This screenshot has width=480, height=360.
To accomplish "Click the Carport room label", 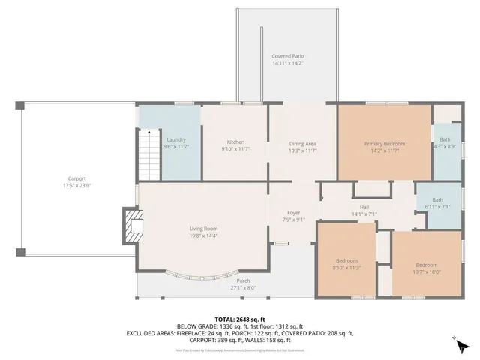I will click(74, 179).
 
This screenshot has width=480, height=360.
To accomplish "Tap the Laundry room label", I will click(175, 139).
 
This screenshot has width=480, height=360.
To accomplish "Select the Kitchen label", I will click(235, 142).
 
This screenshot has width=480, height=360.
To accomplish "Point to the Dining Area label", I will click(303, 142).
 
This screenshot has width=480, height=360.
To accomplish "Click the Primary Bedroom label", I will click(384, 143).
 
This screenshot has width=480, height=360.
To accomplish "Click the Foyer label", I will click(294, 213).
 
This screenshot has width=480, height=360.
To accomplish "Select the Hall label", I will click(364, 207).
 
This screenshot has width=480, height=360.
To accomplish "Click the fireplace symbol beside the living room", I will click(133, 227).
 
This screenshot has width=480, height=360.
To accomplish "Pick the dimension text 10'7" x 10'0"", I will click(426, 271).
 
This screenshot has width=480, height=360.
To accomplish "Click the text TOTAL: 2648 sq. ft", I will click(239, 319).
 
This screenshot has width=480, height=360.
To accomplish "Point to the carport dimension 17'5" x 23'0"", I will click(74, 185).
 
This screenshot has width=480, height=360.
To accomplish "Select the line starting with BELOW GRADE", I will click(239, 326).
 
